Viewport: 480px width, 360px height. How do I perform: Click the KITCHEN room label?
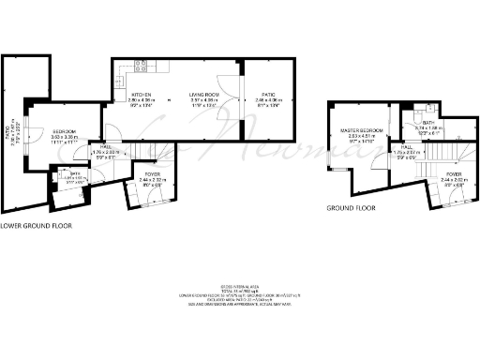(x=141, y=94)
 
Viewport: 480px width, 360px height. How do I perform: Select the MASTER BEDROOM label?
(x=357, y=129)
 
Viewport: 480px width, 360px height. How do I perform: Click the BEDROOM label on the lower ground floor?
(x=64, y=131)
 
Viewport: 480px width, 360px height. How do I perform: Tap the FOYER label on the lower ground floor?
(x=150, y=173)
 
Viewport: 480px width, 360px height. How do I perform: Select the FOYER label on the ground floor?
(x=455, y=174)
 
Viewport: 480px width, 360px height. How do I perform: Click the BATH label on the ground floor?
(x=428, y=123)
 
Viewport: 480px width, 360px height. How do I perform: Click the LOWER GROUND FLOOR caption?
(x=35, y=226)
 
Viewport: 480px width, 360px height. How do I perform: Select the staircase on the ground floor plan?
(x=448, y=150)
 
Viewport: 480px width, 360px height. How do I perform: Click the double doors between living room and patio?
(x=224, y=92)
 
